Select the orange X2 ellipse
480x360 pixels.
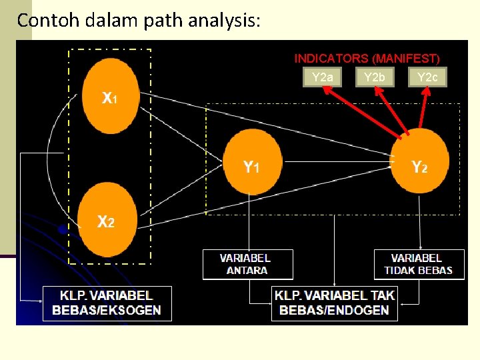click(107, 220)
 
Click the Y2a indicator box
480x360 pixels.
click(323, 77)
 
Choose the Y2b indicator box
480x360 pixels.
click(375, 77)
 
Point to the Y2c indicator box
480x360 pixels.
click(427, 77)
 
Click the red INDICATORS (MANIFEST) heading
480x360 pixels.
click(367, 59)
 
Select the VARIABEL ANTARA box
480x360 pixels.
click(247, 264)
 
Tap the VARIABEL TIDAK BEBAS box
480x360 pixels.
click(418, 264)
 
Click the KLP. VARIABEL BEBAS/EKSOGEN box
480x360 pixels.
click(107, 303)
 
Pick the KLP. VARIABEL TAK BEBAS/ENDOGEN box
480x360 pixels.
click(334, 303)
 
